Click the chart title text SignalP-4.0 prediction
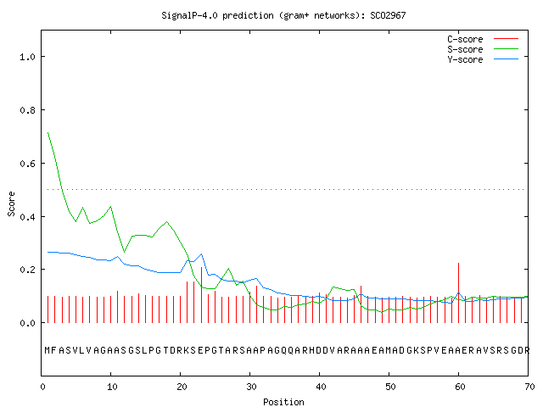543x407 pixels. pos(217,16)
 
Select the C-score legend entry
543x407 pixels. pos(483,39)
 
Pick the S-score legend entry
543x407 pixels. pos(483,49)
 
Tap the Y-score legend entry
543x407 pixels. pos(483,59)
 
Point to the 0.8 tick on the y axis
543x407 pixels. pos(28,110)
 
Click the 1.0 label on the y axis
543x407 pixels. pos(28,57)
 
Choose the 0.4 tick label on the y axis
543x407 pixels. pos(28,217)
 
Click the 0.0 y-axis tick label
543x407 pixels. pos(28,323)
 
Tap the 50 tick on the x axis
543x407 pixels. pos(389,387)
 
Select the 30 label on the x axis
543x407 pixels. pos(250,387)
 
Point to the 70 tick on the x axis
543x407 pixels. pos(529,387)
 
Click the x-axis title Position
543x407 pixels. pos(283,402)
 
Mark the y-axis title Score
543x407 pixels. pos(11,203)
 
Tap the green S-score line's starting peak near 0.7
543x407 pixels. pos(48,132)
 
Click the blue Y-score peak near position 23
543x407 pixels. pos(201,254)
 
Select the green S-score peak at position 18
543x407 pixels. pos(166,221)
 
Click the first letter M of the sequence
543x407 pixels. pos(48,350)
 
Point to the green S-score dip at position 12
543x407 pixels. pos(125,252)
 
